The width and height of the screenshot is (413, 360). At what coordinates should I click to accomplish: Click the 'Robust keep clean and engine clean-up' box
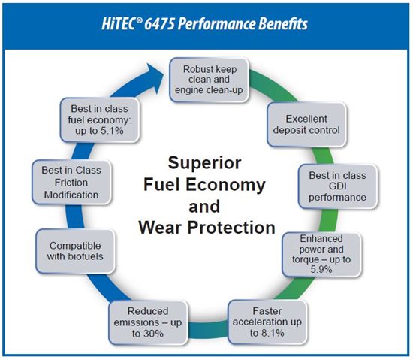[210, 80]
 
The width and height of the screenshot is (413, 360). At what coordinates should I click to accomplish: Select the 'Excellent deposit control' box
[306, 125]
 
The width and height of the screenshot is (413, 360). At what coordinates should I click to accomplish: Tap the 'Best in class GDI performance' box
[338, 186]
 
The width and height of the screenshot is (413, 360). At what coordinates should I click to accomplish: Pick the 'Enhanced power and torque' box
[321, 254]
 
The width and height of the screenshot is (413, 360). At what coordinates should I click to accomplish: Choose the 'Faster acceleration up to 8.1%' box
[267, 322]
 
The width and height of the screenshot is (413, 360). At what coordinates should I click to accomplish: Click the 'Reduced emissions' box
[148, 322]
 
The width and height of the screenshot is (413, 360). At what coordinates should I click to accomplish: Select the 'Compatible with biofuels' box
[75, 251]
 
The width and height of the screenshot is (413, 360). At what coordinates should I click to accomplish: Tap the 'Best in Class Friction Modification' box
[71, 182]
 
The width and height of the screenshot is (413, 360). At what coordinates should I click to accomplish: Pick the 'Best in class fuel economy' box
[100, 120]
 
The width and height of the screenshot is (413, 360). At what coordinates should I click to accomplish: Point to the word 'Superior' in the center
[204, 162]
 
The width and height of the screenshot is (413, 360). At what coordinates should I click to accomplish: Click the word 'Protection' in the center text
[231, 228]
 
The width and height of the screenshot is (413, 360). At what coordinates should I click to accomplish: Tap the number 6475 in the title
[160, 24]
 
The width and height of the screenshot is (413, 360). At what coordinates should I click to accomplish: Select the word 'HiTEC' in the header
[122, 24]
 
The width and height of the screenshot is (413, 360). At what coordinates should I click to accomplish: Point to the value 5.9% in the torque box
[321, 270]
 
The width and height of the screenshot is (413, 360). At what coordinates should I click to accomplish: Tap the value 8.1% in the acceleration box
[273, 333]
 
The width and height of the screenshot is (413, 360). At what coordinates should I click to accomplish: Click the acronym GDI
[337, 186]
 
